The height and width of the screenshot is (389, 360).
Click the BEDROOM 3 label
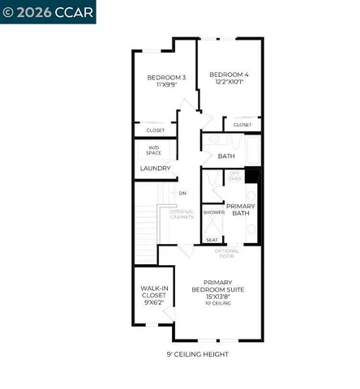[x=166, y=78]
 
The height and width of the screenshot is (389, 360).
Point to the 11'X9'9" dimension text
[x=166, y=86]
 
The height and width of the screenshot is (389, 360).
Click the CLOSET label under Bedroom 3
[x=156, y=130]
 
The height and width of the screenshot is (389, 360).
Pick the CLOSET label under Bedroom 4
[x=242, y=125]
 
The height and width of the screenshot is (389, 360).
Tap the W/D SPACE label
[x=154, y=150]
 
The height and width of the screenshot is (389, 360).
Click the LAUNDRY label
[x=155, y=168]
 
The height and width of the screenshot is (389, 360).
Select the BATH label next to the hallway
[x=226, y=155]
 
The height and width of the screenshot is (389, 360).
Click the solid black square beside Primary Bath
[x=253, y=175]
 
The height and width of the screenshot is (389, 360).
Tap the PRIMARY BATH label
[x=241, y=210]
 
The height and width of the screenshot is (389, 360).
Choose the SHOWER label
[x=213, y=212]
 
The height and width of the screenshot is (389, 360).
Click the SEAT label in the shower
[x=212, y=240]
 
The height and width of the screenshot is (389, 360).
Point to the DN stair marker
[x=182, y=193]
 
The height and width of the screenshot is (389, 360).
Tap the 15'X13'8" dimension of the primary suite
[x=217, y=297]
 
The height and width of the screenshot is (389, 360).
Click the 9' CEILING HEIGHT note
[x=197, y=354]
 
